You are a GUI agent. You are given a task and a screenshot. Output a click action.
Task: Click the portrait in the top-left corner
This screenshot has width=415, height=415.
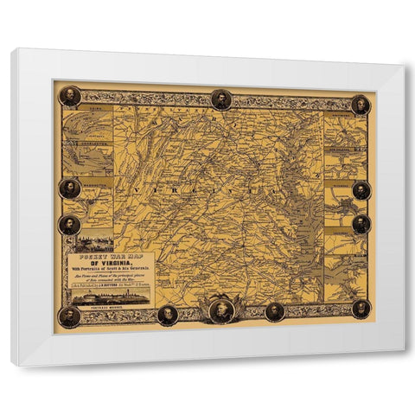click(70, 96)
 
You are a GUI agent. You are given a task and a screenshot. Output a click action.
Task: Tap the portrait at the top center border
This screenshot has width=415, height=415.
click(221, 99)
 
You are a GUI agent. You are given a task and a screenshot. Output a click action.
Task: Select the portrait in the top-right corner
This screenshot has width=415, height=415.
click(361, 105)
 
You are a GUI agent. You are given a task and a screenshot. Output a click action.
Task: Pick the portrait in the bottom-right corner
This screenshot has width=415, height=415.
click(361, 309)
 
